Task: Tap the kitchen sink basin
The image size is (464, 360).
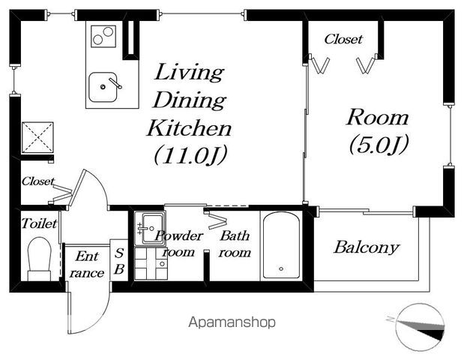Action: coord(103,87)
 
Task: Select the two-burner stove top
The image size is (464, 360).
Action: coord(103,36)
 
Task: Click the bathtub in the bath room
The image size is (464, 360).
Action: coord(281,245)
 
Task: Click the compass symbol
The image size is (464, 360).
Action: coord(420,327)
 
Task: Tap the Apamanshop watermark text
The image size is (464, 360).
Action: coord(232,322)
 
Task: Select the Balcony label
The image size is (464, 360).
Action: coord(367,247)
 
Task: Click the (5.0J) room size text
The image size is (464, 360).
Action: coord(379,145)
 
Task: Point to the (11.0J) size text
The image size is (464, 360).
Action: coord(190,154)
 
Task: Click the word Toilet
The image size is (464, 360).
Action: coord(40,223)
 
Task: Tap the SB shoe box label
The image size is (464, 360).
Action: coord(119,261)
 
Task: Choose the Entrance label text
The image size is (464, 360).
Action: coord(86,264)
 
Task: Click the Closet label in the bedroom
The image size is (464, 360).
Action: coord(343,39)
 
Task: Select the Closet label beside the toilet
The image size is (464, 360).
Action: coord(38,181)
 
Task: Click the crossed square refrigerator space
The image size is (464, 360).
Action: coord(37,138)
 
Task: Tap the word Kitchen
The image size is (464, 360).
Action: coord(190,128)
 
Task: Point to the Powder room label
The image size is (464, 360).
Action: coord(178,244)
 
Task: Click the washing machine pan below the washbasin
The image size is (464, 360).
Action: coord(151,263)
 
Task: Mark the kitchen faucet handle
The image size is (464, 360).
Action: coord(115,83)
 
